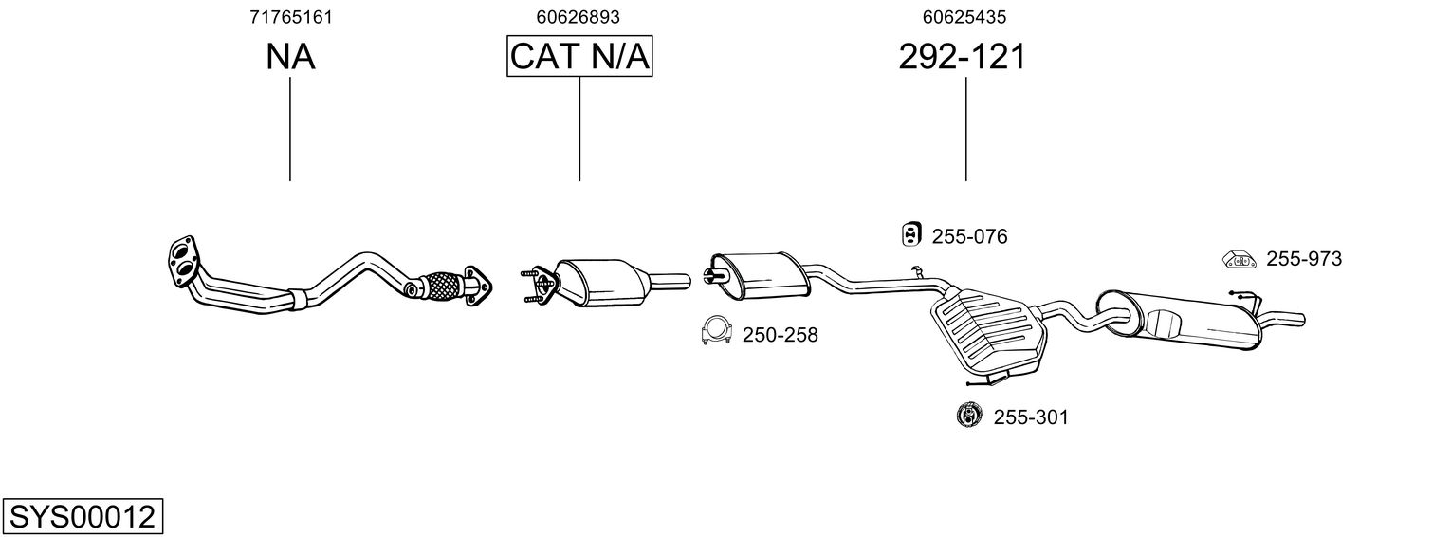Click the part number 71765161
(x=290, y=17)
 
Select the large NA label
(x=290, y=58)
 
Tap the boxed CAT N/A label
(x=579, y=58)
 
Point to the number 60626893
(x=579, y=17)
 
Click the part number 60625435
(x=964, y=17)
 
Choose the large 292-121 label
(x=962, y=58)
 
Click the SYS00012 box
(x=82, y=517)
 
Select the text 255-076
(x=969, y=236)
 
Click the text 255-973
(x=1304, y=258)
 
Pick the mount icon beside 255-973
(x=1238, y=257)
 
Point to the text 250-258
(x=780, y=335)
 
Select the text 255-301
(x=1031, y=417)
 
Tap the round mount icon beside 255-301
(x=968, y=415)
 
